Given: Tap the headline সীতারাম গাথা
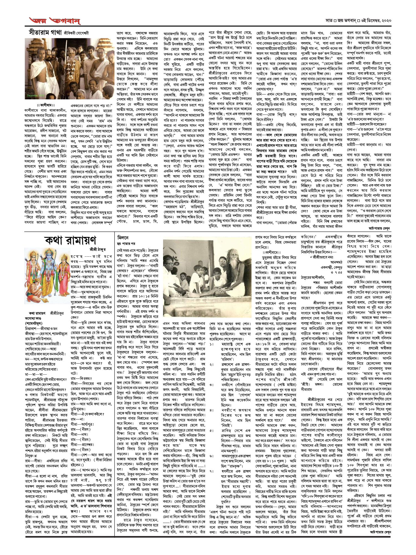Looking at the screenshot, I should click(45, 32).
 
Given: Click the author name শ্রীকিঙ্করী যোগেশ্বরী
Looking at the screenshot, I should click(76, 33).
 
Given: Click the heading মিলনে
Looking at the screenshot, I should click(123, 238).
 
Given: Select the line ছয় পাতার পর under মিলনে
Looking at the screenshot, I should click(126, 243).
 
